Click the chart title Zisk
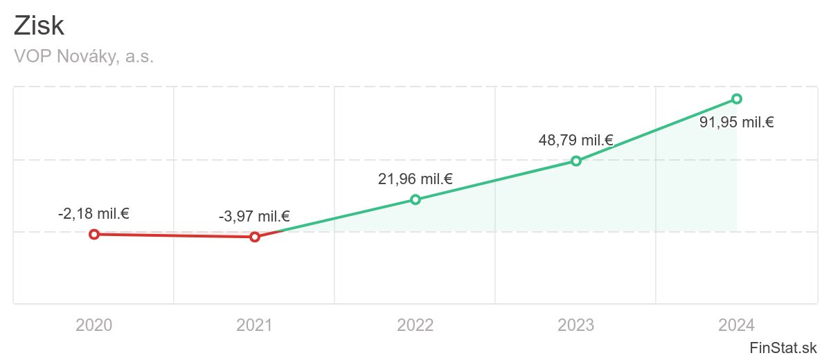[39, 26]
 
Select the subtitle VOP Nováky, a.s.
[83, 57]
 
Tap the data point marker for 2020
[94, 234]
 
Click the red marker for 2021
[255, 237]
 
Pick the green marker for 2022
[415, 199]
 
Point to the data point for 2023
[575, 161]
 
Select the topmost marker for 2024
[737, 98]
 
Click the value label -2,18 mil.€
[93, 213]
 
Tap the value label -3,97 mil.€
[254, 217]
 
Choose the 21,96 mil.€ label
[415, 179]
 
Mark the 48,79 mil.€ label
[576, 141]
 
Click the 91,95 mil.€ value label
[737, 123]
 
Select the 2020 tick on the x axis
[94, 325]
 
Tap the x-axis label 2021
[255, 325]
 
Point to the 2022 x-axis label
[415, 325]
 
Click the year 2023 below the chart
[576, 325]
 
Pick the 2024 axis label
[737, 325]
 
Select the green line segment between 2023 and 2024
[656, 129]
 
